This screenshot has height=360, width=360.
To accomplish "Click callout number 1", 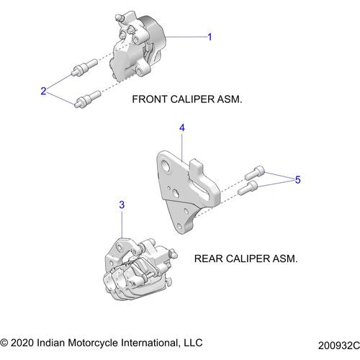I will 210,37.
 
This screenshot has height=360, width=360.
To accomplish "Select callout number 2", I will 44,91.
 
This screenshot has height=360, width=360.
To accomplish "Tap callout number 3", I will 122,205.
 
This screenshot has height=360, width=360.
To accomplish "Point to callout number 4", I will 182,127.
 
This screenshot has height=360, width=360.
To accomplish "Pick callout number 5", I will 299,180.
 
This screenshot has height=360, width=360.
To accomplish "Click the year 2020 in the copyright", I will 24,342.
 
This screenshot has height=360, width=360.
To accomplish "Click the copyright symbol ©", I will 6,342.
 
